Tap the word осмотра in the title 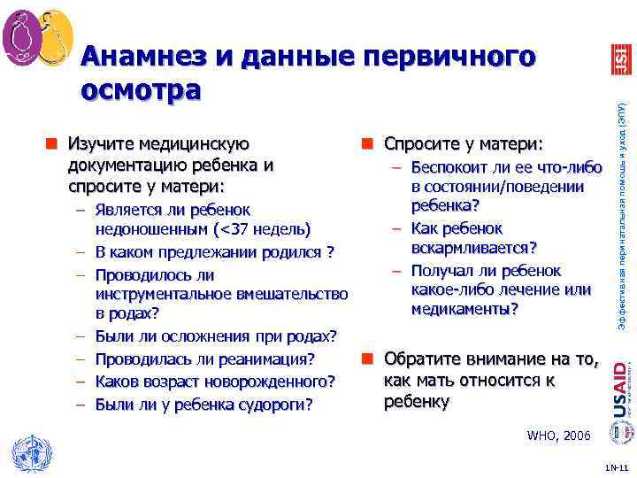(x=141, y=89)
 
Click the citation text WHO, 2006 (x=557, y=436)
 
